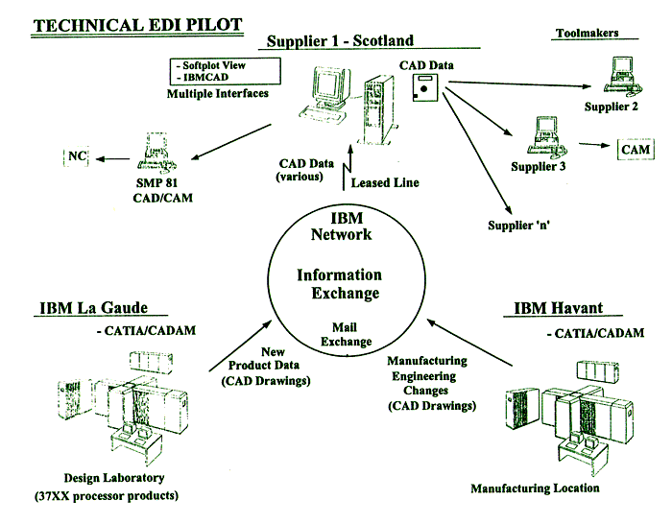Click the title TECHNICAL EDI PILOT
136,23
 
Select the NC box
77,155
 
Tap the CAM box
636,150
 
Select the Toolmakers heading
587,34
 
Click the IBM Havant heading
559,308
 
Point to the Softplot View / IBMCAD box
223,71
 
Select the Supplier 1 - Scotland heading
339,41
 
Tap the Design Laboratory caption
114,478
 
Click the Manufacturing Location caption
535,488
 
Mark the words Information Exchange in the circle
339,284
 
